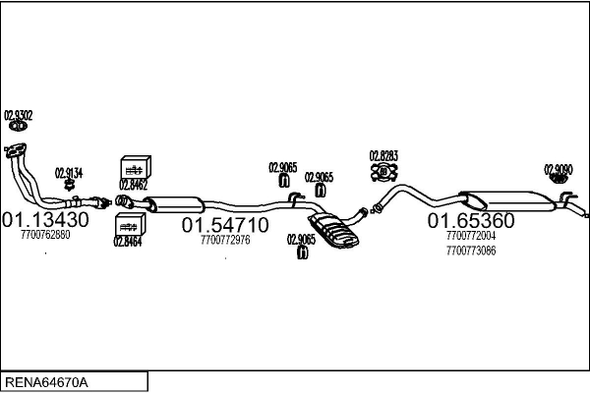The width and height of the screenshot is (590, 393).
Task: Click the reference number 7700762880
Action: pos(45,235)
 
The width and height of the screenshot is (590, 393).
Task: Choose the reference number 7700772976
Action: pos(225,240)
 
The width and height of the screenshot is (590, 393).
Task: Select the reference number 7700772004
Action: pos(471,237)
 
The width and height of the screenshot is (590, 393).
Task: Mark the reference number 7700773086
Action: pos(471,251)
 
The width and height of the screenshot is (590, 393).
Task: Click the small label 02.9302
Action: pos(19,116)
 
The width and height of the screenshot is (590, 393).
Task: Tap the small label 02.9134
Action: pos(69,173)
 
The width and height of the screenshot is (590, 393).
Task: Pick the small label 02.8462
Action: pos(133,183)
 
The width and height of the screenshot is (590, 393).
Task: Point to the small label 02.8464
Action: pos(127,241)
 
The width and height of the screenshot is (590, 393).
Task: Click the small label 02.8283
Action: pos(383,156)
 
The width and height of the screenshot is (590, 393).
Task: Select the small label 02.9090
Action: pos(559,169)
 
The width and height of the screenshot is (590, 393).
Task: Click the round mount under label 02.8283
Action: pos(383,174)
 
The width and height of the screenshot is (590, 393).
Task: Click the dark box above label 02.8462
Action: pos(134,165)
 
